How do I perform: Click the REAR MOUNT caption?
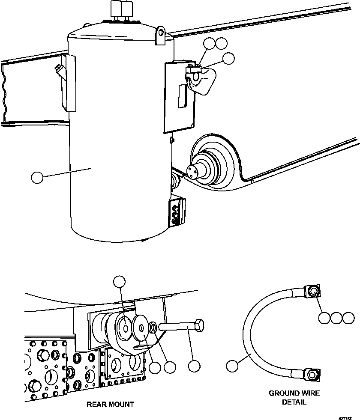click(110, 404)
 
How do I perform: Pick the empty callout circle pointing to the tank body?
click(38, 177)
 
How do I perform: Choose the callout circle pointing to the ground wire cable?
click(232, 365)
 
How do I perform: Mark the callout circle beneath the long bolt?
click(194, 366)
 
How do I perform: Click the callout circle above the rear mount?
click(120, 281)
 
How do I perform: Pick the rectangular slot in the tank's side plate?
click(182, 95)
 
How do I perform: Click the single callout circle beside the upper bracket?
click(229, 59)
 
